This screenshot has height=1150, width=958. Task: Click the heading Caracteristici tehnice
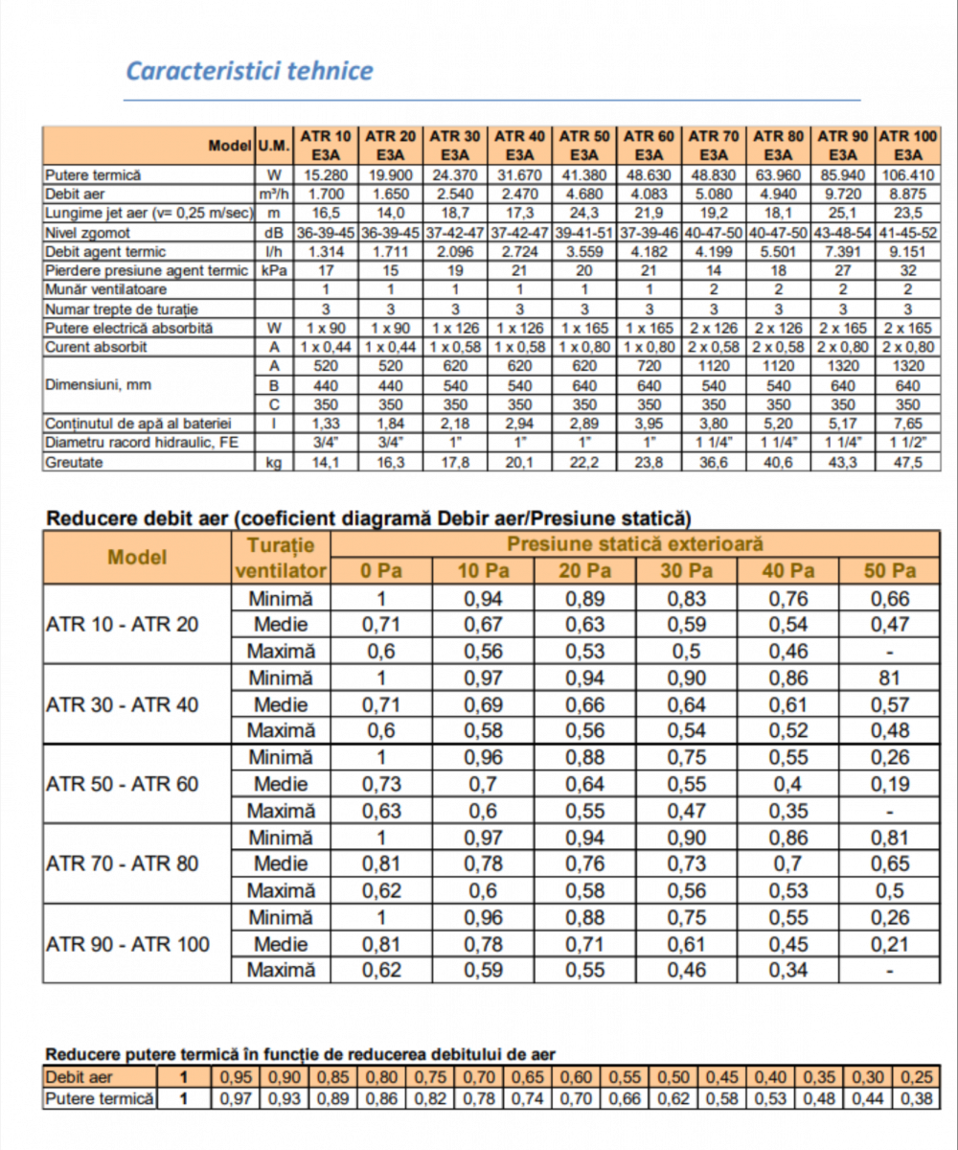[x=250, y=72]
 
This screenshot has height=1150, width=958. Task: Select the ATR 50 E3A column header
[x=584, y=145]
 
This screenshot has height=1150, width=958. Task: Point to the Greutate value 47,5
[x=906, y=462]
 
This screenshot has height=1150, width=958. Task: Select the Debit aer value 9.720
[x=843, y=195]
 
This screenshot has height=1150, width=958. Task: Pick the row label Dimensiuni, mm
[x=101, y=385]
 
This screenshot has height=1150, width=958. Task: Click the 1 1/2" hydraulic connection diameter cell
[x=906, y=443]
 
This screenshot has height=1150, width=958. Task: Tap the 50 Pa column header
[x=890, y=572]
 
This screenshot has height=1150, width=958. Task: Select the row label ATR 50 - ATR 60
[x=123, y=784]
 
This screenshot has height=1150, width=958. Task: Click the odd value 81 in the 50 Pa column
[x=890, y=678]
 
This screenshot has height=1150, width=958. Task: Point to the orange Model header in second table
[x=137, y=558]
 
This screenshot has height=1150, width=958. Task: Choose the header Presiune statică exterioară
[x=635, y=545]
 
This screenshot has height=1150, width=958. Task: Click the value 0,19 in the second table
[x=890, y=784]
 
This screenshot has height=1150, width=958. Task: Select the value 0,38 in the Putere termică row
[x=921, y=1098]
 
